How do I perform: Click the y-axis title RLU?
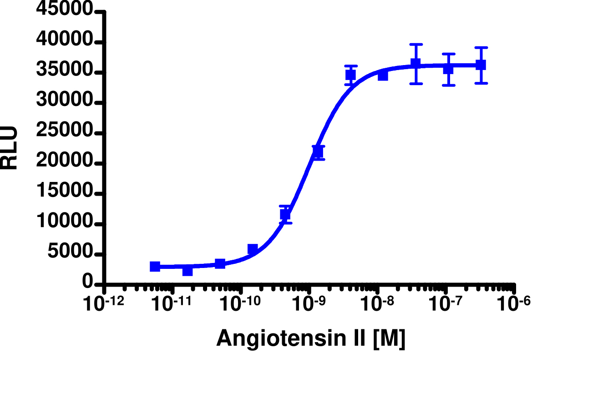tap(10, 148)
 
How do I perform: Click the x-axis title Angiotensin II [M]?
tap(310, 338)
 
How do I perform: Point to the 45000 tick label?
tap(65, 10)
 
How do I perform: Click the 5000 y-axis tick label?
tap(71, 254)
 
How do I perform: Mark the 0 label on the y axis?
tap(88, 283)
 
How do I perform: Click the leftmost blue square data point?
tap(155, 267)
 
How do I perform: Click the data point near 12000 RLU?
tap(285, 214)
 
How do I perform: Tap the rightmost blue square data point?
tap(481, 65)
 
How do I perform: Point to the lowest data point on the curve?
tap(188, 271)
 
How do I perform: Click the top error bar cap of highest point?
tap(416, 45)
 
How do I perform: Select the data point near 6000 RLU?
tap(253, 249)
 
